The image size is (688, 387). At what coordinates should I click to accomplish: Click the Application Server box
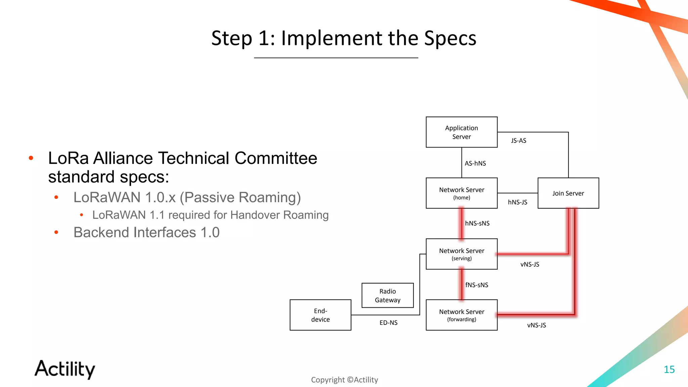[x=461, y=132]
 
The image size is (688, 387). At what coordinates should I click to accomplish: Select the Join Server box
[x=568, y=193]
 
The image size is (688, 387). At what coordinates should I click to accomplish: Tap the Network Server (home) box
[x=461, y=193]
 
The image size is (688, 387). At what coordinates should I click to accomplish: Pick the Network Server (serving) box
[x=461, y=254]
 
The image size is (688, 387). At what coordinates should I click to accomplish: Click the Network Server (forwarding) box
[x=461, y=315]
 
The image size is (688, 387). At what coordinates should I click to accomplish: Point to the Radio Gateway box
[x=387, y=295]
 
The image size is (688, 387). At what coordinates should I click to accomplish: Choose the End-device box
[x=320, y=315]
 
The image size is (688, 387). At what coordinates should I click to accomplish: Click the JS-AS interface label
[x=518, y=141]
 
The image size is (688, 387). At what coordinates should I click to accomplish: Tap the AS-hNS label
[x=475, y=164]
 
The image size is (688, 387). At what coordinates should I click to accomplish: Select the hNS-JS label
[x=517, y=202]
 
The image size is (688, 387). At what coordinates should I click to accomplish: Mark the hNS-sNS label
[x=477, y=223]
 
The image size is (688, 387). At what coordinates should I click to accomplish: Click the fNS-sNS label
[x=476, y=285]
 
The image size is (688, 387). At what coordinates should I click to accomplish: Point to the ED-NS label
[x=388, y=323]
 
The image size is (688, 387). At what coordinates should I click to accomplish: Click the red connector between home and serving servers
[x=462, y=223]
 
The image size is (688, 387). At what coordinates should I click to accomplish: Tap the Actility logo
[x=65, y=369]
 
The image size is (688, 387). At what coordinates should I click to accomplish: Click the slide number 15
[x=669, y=370]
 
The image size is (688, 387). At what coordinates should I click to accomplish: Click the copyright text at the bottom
[x=344, y=380]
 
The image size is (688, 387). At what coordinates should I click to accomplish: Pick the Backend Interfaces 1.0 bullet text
[x=146, y=232]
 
